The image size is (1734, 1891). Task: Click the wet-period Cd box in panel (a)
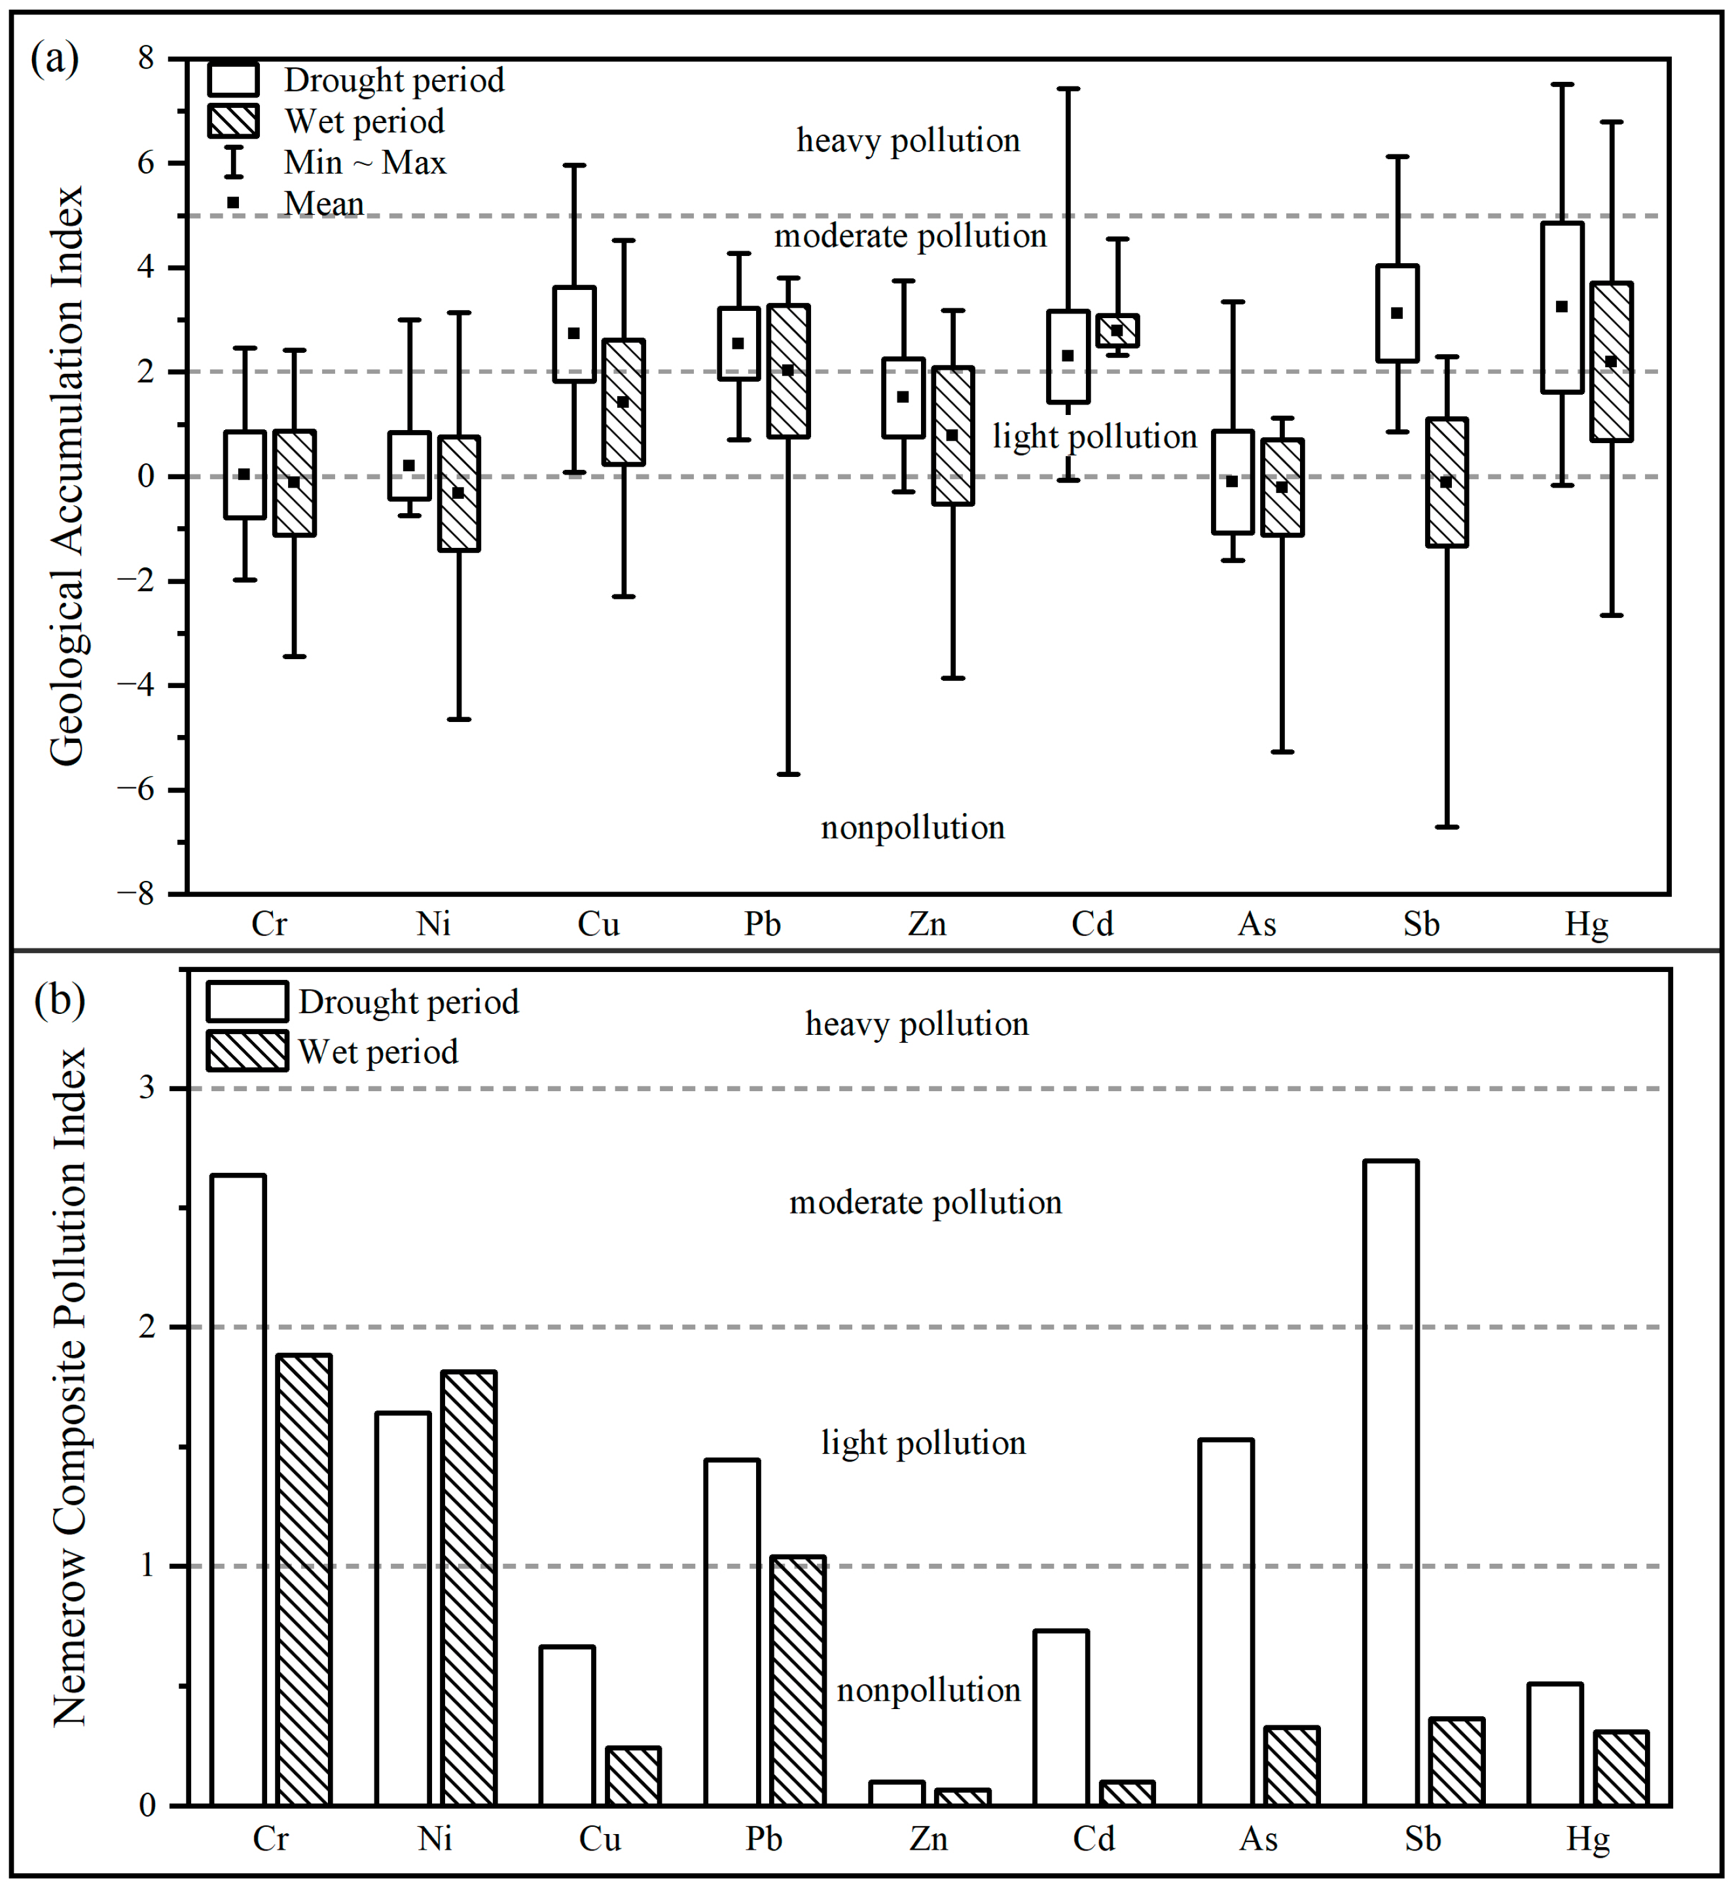pyautogui.click(x=1117, y=331)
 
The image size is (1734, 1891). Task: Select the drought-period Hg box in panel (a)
pyautogui.click(x=1562, y=308)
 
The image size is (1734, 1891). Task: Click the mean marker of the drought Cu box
pyautogui.click(x=573, y=333)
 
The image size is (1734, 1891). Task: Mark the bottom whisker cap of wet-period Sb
pyautogui.click(x=1447, y=827)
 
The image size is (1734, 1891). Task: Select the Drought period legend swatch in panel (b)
pyautogui.click(x=247, y=1001)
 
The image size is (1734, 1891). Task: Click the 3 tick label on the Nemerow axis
pyautogui.click(x=147, y=1089)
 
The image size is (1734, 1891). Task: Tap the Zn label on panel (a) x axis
pyautogui.click(x=927, y=924)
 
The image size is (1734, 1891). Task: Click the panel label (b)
pyautogui.click(x=59, y=1000)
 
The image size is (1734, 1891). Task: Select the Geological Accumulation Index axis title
pyautogui.click(x=67, y=476)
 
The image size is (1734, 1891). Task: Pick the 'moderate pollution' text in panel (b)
pyautogui.click(x=925, y=1202)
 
